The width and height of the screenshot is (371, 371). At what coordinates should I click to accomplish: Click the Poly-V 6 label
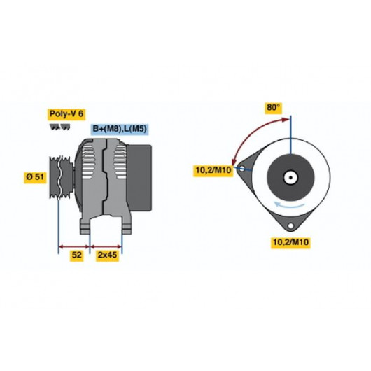pyautogui.click(x=66, y=114)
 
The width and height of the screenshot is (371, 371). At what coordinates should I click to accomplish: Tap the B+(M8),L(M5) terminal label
pyautogui.click(x=120, y=129)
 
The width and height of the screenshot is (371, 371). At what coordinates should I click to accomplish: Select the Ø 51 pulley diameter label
pyautogui.click(x=35, y=176)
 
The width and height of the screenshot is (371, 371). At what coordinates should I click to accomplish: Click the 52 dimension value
pyautogui.click(x=77, y=255)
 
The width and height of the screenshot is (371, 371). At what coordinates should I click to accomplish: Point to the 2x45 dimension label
pyautogui.click(x=107, y=255)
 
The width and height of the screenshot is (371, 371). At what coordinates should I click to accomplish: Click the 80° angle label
pyautogui.click(x=273, y=108)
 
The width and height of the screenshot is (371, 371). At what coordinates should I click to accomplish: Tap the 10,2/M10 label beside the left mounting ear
pyautogui.click(x=213, y=170)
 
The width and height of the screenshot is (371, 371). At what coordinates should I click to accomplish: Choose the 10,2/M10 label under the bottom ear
pyautogui.click(x=290, y=242)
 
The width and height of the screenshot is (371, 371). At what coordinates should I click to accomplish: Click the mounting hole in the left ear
pyautogui.click(x=242, y=169)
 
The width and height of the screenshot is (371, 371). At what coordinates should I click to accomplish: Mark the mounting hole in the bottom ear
pyautogui.click(x=290, y=225)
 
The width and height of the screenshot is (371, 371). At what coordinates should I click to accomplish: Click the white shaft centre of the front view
pyautogui.click(x=290, y=178)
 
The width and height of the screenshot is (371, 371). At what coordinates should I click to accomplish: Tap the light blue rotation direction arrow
pyautogui.click(x=288, y=204)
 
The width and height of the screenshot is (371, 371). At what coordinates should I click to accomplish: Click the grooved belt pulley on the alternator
pyautogui.click(x=61, y=177)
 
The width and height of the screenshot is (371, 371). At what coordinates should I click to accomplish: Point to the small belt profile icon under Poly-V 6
pyautogui.click(x=60, y=127)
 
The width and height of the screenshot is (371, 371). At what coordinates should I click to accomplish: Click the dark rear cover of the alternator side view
pyautogui.click(x=139, y=178)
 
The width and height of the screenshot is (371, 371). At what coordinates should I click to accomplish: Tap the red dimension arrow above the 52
pyautogui.click(x=74, y=247)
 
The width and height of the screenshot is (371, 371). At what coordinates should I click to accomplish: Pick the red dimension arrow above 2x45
pyautogui.click(x=106, y=247)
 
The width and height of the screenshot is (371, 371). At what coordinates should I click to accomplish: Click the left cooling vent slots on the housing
pyautogui.click(x=88, y=162)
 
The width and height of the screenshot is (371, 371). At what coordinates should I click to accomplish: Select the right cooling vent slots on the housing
pyautogui.click(x=120, y=162)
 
